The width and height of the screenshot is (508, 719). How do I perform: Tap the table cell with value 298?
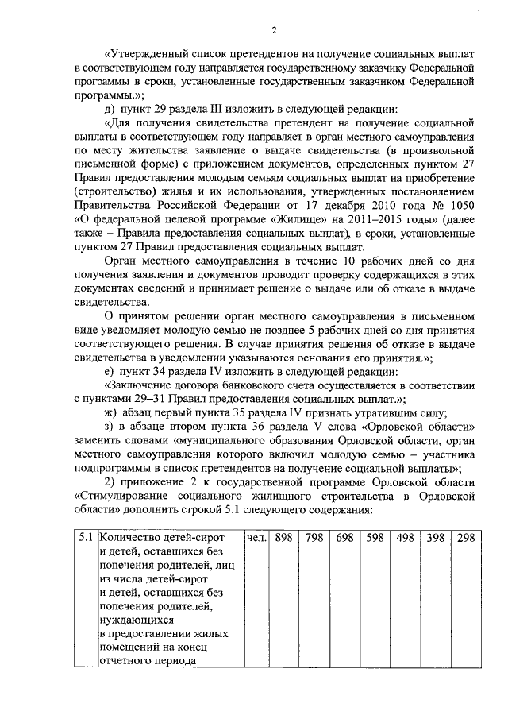point(466,538)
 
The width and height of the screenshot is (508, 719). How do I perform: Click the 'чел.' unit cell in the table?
point(256,538)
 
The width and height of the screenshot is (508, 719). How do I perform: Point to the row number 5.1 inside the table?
point(89,538)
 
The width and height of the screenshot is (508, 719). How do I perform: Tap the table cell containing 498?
point(405,538)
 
